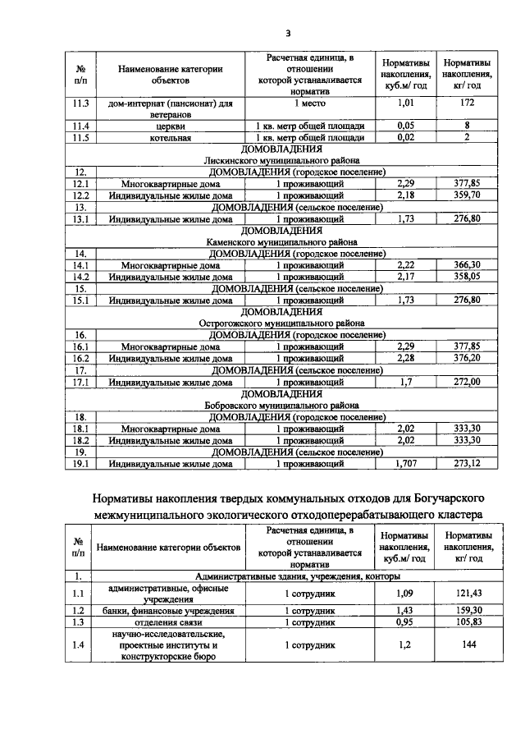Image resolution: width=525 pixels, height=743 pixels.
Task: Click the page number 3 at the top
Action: click(x=288, y=33)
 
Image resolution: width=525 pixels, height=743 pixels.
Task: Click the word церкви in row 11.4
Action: click(x=170, y=126)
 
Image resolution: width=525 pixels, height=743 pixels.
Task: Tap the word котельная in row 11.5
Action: click(x=170, y=137)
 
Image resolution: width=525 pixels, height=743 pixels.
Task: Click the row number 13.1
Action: click(x=80, y=219)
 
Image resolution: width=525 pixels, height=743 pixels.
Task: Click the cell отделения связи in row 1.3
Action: click(x=170, y=621)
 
